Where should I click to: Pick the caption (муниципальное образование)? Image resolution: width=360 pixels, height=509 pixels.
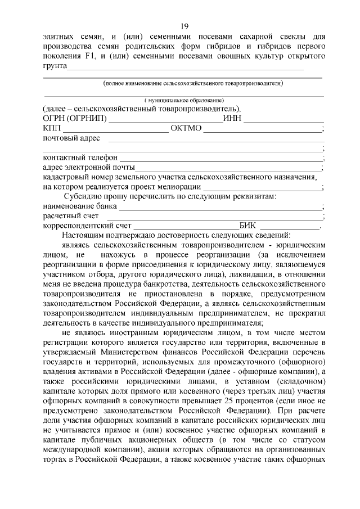pyautogui.click(x=184, y=100)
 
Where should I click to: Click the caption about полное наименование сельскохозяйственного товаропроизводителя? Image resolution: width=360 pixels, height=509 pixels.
pyautogui.click(x=193, y=83)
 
